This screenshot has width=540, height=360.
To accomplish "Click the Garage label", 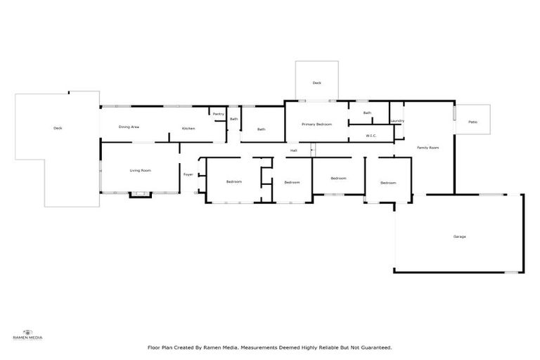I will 459,236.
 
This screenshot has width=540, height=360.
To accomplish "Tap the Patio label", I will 472,123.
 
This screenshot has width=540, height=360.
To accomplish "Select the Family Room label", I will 427,148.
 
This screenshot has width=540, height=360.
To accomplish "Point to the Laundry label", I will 397,121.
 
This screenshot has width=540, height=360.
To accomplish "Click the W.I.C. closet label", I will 372,135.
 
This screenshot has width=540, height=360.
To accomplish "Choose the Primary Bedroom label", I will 316,124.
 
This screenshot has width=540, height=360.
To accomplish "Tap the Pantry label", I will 218,113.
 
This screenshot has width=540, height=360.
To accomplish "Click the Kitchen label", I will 188,128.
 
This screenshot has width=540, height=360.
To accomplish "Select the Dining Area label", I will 129,127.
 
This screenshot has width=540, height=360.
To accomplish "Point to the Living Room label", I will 140,170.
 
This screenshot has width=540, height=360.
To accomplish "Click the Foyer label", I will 188,174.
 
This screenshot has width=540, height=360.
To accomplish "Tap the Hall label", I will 294,150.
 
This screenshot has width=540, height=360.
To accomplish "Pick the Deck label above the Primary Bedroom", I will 316,83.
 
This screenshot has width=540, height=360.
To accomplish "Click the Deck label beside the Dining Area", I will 58,128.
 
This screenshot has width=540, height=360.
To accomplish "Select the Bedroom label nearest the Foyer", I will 233,182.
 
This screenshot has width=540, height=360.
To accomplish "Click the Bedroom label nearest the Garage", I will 388,183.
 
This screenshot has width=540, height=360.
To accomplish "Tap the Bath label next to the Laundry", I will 367,112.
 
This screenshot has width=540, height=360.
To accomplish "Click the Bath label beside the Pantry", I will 233,119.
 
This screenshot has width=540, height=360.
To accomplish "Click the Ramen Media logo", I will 28,333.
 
